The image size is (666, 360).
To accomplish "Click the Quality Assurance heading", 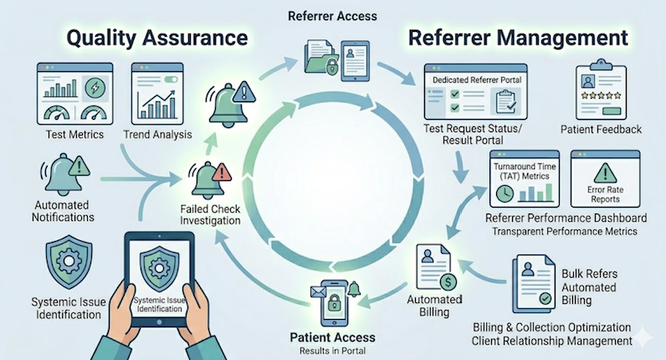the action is click(x=157, y=38).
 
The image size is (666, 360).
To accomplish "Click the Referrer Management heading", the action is click(x=518, y=38).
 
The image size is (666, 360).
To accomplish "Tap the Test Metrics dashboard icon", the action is click(x=75, y=94).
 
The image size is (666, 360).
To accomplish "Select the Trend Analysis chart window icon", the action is click(x=157, y=94).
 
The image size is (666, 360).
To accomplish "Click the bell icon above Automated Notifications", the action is click(x=63, y=174).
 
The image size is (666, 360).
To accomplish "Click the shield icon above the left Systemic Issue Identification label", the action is click(x=69, y=262).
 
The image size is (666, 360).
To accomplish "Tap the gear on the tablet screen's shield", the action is click(x=159, y=268).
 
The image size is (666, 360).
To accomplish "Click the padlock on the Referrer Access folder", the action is click(x=331, y=66).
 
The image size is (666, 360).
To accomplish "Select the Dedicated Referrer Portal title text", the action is click(x=477, y=80).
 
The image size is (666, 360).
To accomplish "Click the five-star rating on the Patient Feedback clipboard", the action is click(x=601, y=95).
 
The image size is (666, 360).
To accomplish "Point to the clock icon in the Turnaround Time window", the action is click(x=505, y=193).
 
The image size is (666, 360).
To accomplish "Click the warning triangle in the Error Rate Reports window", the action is click(x=605, y=172).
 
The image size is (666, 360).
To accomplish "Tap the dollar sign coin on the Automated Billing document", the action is click(x=448, y=281).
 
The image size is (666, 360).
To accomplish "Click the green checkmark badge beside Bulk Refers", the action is click(x=546, y=298).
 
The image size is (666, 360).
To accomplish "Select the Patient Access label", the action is click(x=332, y=337).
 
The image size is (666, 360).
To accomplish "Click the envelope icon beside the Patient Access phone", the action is click(x=318, y=291).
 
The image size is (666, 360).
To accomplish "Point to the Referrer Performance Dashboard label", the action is click(x=566, y=218).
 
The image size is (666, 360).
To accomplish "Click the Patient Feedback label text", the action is click(x=601, y=129).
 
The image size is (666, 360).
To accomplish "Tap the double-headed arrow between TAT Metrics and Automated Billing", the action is click(x=466, y=213).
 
